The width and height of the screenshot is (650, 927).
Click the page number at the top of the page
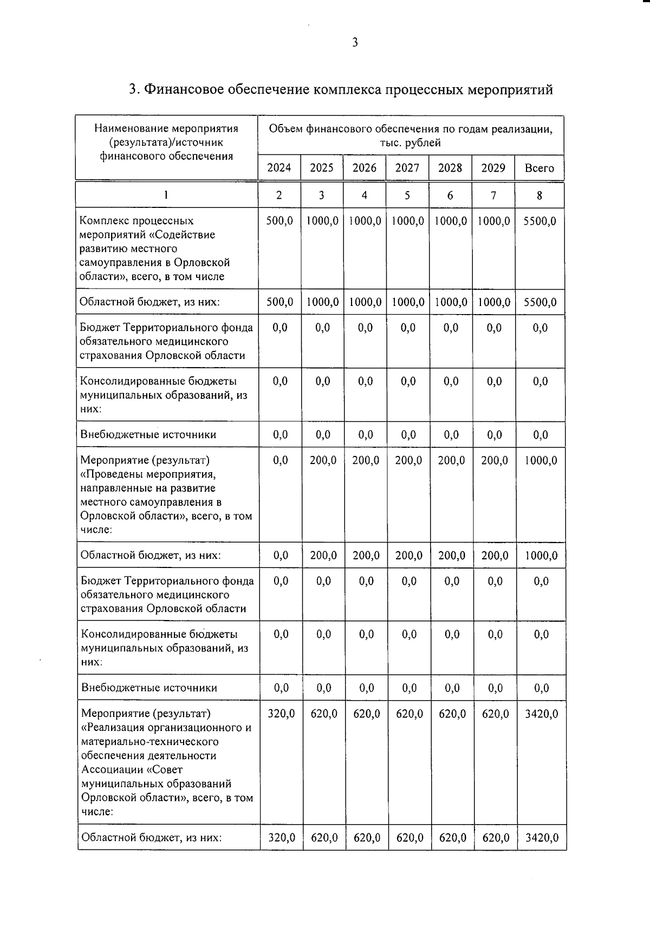click(355, 42)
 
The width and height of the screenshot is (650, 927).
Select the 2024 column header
click(279, 168)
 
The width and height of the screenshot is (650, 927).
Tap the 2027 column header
click(407, 168)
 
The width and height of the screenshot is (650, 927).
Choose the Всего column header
click(539, 168)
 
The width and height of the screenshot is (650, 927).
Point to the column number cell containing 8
click(539, 195)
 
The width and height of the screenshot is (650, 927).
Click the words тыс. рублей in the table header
click(411, 143)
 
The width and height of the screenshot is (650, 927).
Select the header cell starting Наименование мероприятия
click(166, 142)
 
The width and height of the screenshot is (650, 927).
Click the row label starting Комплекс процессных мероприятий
click(155, 249)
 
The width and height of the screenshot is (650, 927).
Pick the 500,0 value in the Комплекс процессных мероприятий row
click(280, 221)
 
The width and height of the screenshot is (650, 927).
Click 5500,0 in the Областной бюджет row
click(540, 302)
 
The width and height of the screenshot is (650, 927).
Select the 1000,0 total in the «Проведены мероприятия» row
click(541, 461)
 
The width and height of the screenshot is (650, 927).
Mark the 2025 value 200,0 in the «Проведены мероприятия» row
click(323, 461)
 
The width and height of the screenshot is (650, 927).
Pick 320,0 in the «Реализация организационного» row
click(281, 714)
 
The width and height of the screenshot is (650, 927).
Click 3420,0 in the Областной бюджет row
click(542, 838)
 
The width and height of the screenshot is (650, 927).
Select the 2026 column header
click(365, 168)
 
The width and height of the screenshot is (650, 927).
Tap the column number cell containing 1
click(166, 195)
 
